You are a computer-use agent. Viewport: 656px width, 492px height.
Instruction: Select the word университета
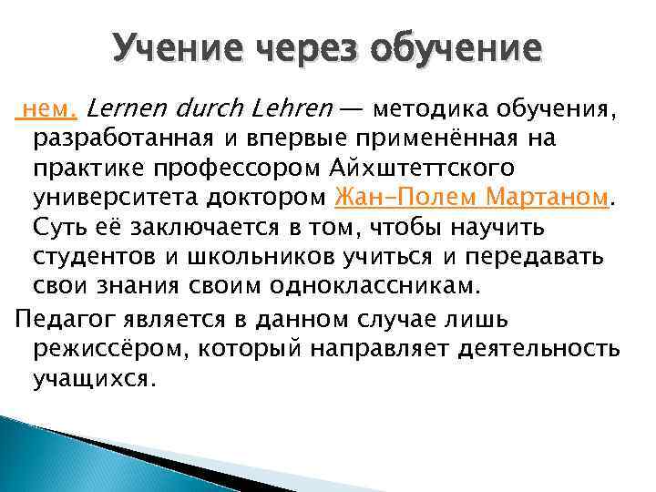tap(108, 197)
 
